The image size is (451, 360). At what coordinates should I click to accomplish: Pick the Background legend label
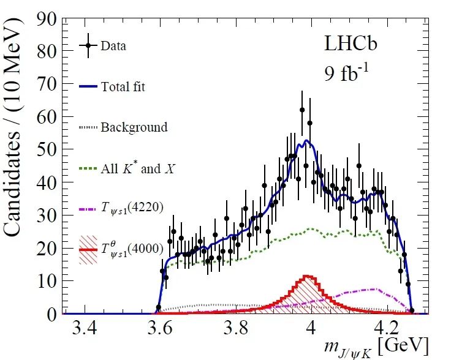[134, 127]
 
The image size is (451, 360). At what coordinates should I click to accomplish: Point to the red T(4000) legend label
[136, 250]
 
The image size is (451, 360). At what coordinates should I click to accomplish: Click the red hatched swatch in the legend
[88, 250]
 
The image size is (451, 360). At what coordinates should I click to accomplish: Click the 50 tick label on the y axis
[46, 149]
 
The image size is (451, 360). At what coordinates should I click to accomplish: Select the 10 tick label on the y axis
[46, 281]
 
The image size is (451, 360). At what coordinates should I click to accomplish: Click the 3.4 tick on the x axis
[84, 328]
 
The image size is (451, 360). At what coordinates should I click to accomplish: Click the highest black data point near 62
[302, 110]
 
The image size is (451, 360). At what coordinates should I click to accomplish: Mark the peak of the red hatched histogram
[307, 277]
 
